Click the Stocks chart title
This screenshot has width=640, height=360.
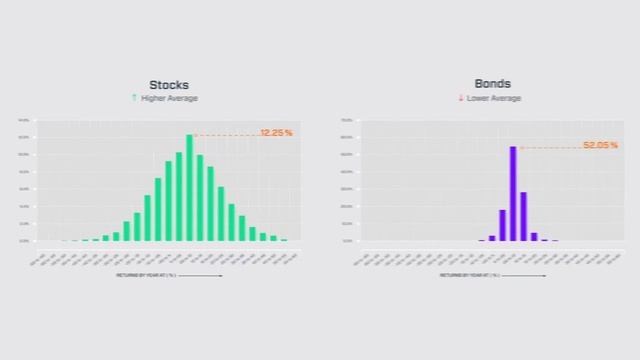[x=168, y=85]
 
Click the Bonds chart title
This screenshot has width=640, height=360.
[x=493, y=85]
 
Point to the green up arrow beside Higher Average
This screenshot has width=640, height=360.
[x=134, y=98]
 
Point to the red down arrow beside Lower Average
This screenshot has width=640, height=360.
[x=461, y=98]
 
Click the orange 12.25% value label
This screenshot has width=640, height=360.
[x=276, y=133]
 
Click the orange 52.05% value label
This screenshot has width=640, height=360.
[x=600, y=145]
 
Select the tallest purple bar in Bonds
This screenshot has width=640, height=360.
[x=513, y=194]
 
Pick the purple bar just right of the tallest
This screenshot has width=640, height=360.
[x=523, y=216]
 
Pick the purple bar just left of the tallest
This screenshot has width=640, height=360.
[x=502, y=225]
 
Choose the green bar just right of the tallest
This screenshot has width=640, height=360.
[x=200, y=198]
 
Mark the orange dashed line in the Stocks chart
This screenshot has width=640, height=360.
[x=226, y=135]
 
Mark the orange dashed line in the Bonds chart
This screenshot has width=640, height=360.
[x=550, y=147]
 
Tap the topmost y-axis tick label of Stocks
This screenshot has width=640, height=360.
[x=23, y=120]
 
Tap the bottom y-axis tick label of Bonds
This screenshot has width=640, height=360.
[x=347, y=240]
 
